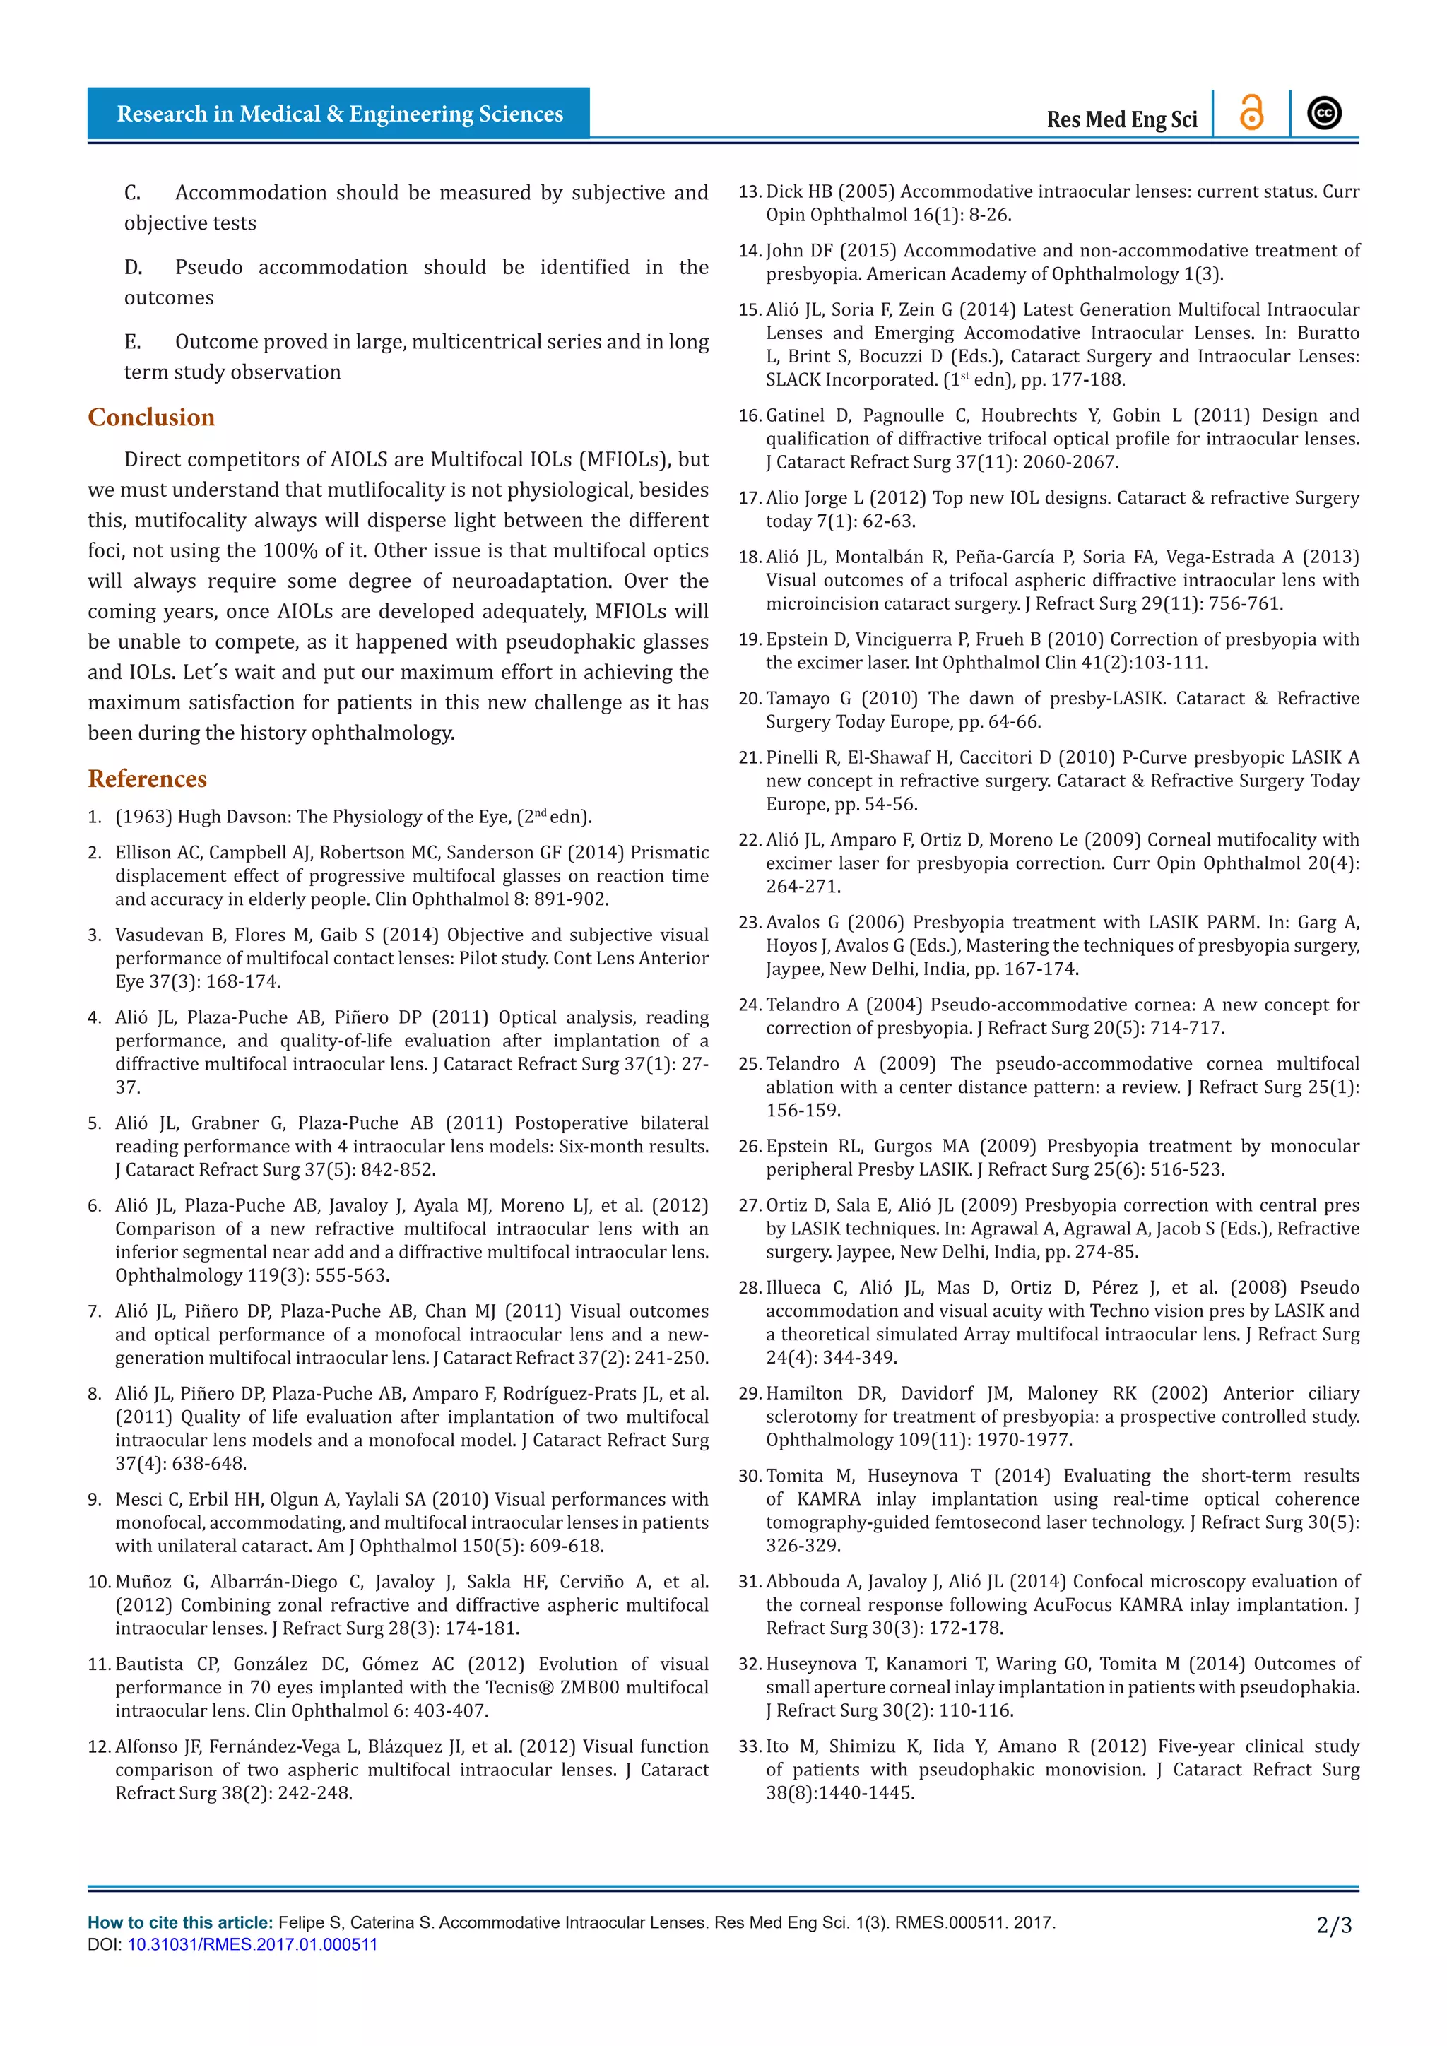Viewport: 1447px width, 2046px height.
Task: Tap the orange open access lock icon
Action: (1251, 113)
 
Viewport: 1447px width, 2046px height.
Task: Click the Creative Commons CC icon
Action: (1324, 113)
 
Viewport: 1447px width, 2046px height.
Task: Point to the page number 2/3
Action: (1334, 1926)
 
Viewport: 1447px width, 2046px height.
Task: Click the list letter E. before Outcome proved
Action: (132, 342)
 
